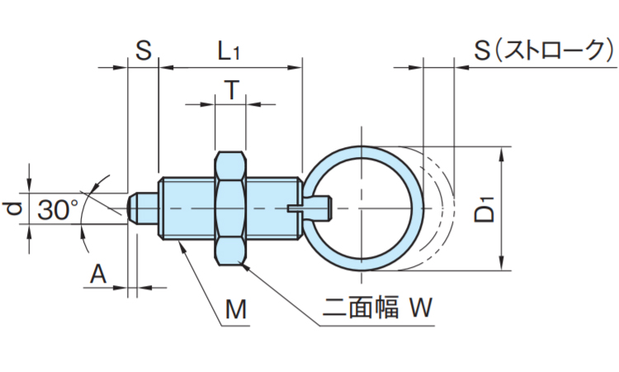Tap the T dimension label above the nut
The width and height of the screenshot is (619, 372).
pos(232,90)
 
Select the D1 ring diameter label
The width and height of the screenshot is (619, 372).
pos(485,208)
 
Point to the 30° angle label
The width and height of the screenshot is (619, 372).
pos(58,209)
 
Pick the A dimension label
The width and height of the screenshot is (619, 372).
pos(98,274)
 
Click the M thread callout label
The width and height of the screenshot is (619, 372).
pos(236,309)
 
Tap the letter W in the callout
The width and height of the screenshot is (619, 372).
pos(421,308)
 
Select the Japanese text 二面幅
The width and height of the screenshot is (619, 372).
pos(361,308)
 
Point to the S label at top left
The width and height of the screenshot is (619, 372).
pos(144,50)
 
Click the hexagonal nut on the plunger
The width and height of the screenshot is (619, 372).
pos(230,208)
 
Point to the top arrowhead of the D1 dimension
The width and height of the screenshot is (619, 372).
pos(502,155)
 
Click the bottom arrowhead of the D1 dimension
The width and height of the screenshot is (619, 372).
pos(502,263)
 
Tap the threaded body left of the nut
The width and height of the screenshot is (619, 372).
pos(187,208)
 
